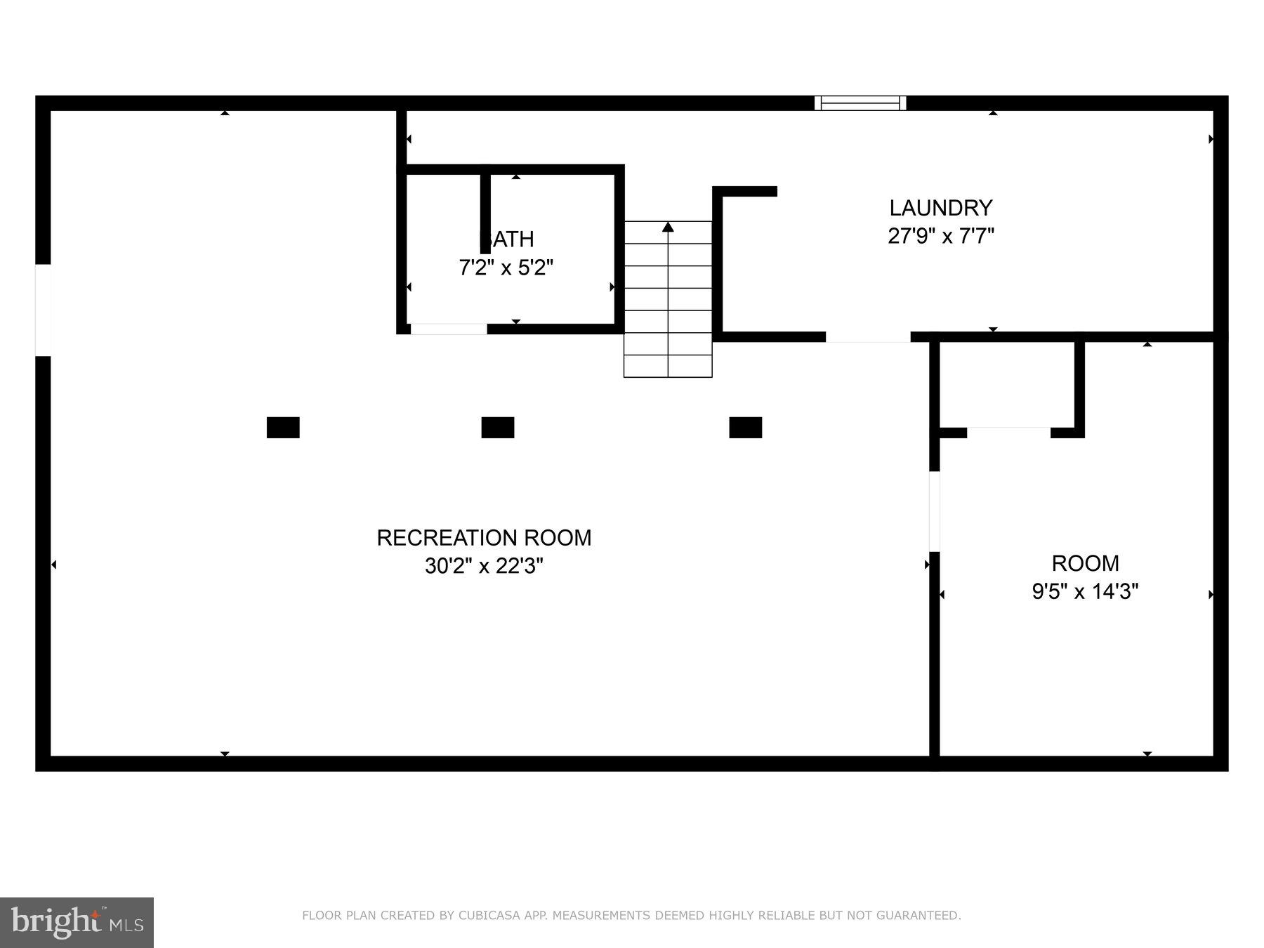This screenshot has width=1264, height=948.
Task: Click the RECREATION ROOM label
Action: click(484, 538)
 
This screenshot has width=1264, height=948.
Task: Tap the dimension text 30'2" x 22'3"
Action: click(484, 566)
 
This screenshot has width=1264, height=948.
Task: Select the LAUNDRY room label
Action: click(941, 208)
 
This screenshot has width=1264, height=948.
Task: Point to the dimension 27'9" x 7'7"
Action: click(941, 236)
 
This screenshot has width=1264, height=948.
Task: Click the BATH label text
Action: click(507, 239)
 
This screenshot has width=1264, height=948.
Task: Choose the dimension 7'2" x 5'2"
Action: click(506, 268)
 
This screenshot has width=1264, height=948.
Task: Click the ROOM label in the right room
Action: click(1085, 563)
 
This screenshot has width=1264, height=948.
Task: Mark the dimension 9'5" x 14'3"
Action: click(1085, 592)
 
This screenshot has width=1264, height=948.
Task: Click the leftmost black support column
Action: click(283, 428)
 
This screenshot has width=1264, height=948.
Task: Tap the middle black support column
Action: click(498, 428)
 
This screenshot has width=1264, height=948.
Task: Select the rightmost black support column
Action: click(746, 428)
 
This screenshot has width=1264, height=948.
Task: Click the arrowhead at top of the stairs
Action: click(668, 227)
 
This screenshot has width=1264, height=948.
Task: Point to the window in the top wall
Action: click(860, 103)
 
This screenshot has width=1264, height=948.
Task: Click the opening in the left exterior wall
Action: click(43, 310)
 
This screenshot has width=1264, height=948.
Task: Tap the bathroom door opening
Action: click(449, 329)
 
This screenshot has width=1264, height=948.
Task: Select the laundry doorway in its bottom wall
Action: click(868, 337)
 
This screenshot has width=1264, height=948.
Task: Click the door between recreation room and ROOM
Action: click(935, 511)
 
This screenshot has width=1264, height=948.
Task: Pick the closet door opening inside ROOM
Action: click(1008, 432)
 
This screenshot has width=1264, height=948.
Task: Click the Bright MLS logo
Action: click(77, 923)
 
